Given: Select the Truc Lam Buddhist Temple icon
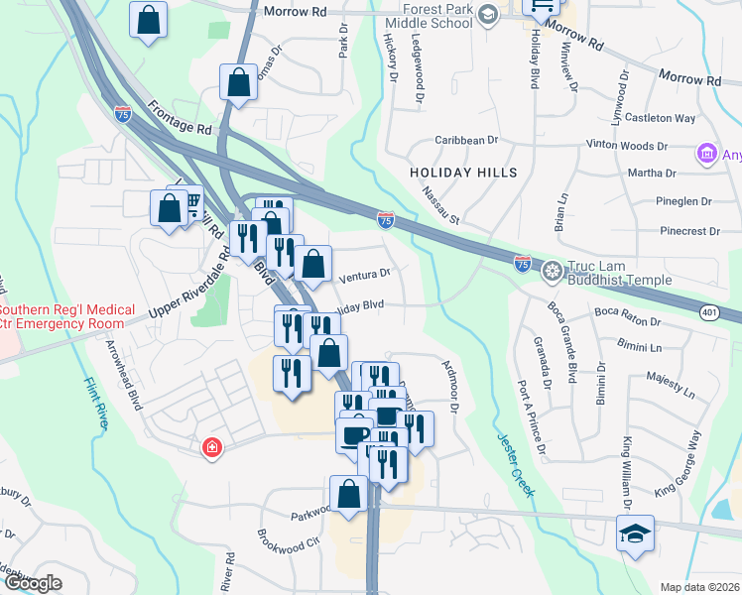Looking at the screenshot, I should point(552,269).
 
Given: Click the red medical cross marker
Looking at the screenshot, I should point(211,449).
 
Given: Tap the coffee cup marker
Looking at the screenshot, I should point(354,434).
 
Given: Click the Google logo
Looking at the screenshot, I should point(32,583).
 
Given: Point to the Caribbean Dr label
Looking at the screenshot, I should point(464,141).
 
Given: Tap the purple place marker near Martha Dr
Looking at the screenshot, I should point(707,153).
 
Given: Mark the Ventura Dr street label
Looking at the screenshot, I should point(365,274).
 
